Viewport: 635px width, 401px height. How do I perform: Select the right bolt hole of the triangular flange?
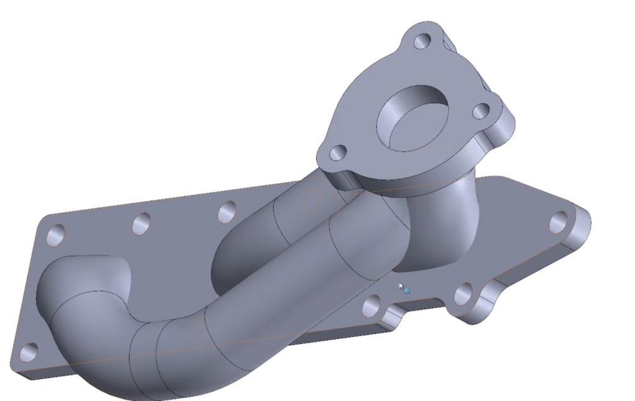pos(482,112)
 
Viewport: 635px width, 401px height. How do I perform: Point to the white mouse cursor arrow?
pos(401,286)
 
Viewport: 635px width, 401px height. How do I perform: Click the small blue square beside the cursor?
pos(407,291)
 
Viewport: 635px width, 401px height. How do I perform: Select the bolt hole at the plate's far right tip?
pos(558,220)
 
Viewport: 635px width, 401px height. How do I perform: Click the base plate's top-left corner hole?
pos(56,235)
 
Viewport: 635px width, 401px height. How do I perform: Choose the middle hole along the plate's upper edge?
pos(141,223)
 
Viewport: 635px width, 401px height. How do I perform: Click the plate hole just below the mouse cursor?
pos(371,305)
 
